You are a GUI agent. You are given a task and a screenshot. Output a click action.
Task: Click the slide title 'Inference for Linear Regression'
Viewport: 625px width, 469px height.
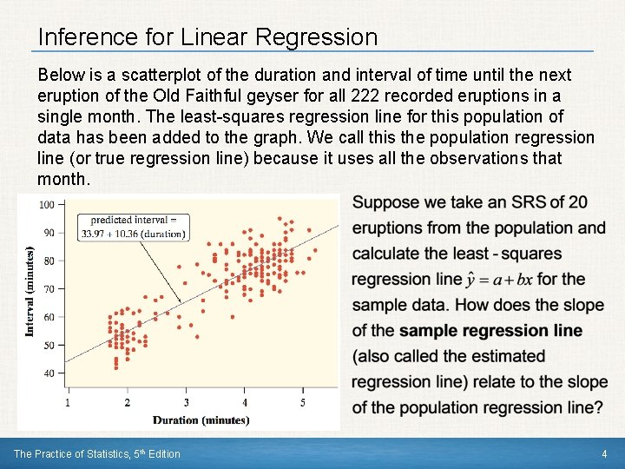coord(207,37)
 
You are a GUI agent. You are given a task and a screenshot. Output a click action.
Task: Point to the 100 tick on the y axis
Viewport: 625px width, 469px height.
coord(47,204)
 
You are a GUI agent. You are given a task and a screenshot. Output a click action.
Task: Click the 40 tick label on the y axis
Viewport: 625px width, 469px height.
coord(49,373)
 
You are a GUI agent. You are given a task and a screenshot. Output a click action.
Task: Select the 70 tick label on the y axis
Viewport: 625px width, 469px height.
coord(49,288)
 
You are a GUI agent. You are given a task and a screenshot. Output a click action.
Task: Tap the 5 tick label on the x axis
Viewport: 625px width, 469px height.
coord(303,403)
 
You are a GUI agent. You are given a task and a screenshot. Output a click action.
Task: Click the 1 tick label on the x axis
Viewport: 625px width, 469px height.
coord(68,403)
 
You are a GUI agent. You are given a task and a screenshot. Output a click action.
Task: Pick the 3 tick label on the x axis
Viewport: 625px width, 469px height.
coord(186,403)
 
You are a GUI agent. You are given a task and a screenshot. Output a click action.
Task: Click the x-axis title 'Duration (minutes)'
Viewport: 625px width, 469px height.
coord(201,420)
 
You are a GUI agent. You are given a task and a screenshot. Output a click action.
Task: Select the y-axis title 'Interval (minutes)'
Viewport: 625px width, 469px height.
coord(30,291)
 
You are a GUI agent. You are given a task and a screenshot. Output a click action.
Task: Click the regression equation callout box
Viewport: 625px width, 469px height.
coord(133,227)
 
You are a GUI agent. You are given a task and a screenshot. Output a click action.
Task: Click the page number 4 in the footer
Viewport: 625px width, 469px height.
coord(604,454)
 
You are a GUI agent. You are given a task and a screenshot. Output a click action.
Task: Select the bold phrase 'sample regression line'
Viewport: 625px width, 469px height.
coord(490,331)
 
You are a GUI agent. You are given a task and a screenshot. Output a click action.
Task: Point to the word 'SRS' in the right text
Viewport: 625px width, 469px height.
coord(512,202)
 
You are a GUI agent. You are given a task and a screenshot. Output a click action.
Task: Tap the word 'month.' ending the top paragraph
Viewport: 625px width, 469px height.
coord(63,179)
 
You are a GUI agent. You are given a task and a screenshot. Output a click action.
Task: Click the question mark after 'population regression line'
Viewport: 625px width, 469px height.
coord(598,407)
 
